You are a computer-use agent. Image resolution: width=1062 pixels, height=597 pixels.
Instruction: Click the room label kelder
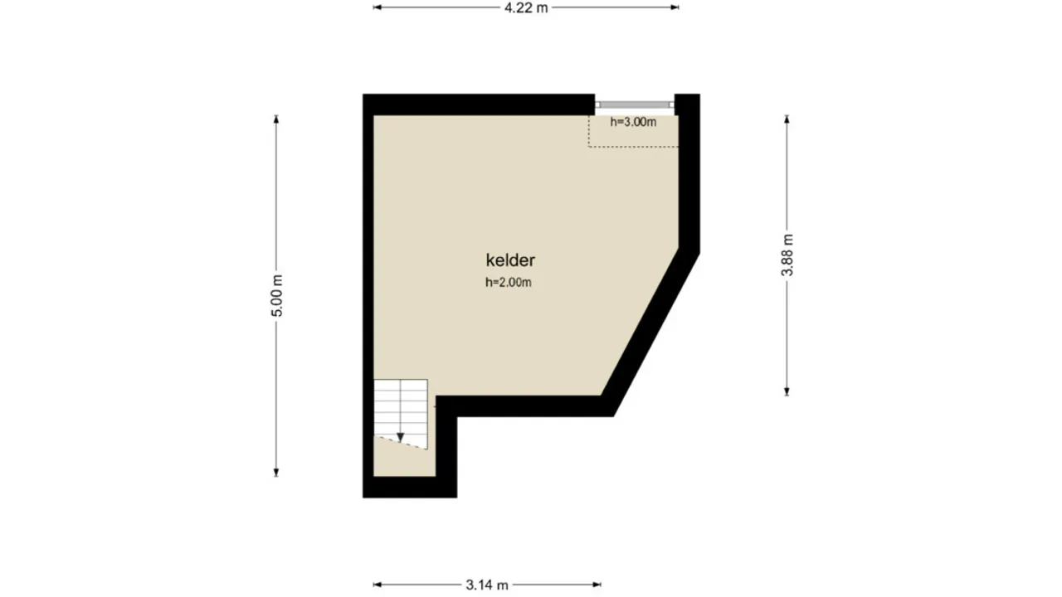click(510, 260)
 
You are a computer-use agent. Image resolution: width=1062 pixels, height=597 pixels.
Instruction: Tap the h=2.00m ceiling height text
click(508, 283)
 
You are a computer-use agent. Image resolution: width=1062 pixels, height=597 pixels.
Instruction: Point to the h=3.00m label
click(633, 123)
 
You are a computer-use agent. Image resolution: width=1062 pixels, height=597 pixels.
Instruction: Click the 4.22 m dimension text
click(526, 7)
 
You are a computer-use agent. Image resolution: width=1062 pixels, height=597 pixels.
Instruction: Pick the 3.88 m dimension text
click(787, 255)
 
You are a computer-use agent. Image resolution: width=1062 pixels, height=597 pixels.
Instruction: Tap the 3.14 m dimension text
click(487, 585)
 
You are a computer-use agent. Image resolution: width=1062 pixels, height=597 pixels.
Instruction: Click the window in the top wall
click(635, 104)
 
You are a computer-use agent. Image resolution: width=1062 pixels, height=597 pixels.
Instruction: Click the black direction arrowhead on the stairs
click(400, 436)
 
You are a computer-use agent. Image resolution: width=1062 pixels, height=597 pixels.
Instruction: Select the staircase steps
click(401, 406)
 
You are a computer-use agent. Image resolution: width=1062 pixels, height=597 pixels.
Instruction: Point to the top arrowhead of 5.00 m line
click(277, 119)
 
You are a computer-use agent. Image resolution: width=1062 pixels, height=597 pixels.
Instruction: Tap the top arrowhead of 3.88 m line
click(787, 119)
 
